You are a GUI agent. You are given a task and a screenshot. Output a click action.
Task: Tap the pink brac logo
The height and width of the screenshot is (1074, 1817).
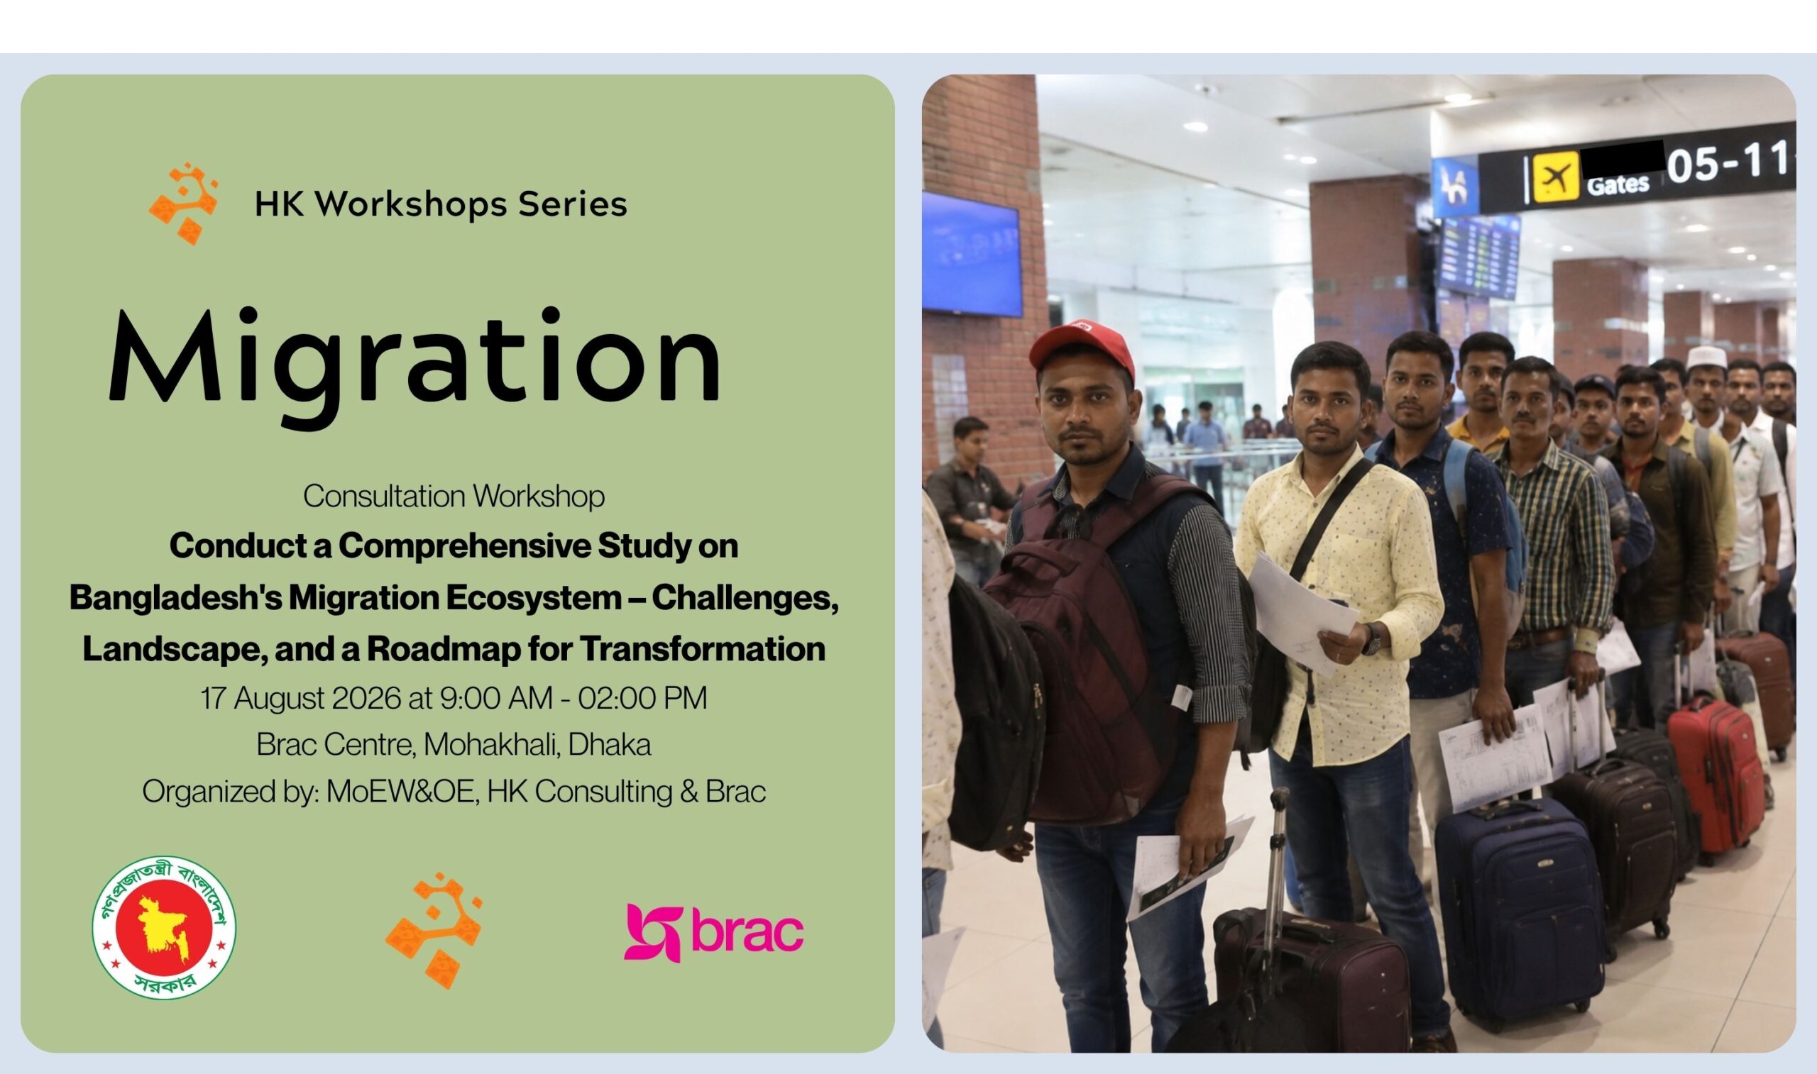click(x=714, y=932)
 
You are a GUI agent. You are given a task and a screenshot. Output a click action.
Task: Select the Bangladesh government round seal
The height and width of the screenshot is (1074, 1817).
click(x=165, y=927)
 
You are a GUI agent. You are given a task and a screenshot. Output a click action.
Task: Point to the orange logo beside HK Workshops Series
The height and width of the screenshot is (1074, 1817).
click(x=184, y=204)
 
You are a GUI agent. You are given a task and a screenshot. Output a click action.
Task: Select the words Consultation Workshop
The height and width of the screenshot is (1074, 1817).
click(x=454, y=497)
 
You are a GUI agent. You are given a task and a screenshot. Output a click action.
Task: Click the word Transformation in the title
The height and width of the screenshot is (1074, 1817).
click(x=703, y=648)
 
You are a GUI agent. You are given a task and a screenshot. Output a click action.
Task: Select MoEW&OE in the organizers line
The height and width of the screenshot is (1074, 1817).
click(x=402, y=792)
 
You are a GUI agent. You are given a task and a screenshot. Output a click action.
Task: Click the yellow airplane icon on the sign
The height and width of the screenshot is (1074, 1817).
click(x=1556, y=177)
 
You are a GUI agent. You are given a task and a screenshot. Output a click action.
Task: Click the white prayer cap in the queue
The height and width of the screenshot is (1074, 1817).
click(x=1707, y=356)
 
